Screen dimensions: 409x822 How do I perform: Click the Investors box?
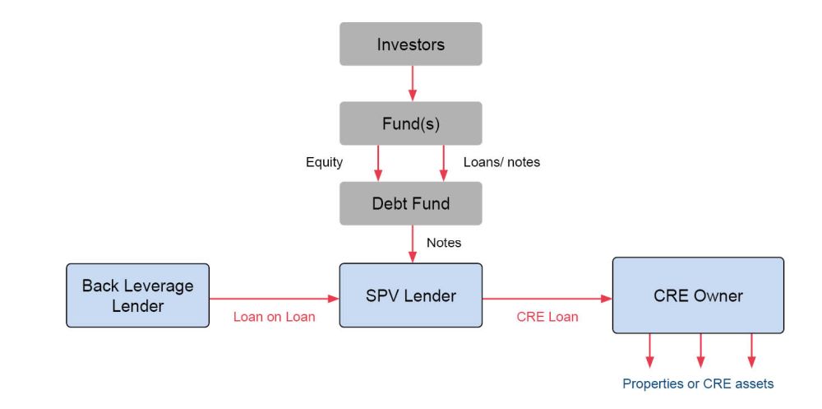(411, 44)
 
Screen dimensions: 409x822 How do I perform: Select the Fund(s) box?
(411, 124)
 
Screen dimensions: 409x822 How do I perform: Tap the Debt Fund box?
(411, 203)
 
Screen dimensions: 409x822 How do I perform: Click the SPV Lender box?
(411, 295)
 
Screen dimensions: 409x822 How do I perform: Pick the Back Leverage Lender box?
(138, 295)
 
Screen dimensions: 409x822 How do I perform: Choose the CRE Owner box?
(698, 295)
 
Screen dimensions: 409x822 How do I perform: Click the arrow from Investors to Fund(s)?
(412, 84)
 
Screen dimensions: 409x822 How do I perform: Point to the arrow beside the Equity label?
(379, 163)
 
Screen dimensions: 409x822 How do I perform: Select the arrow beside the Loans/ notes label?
(443, 163)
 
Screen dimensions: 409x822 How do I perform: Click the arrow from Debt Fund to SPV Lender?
(412, 244)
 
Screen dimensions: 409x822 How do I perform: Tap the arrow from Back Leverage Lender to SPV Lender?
(275, 300)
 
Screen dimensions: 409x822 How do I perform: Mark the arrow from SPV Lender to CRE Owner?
(547, 300)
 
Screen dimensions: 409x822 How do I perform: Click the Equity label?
(324, 163)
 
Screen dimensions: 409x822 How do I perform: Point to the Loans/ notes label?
(502, 163)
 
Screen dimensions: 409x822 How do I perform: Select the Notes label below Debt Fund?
(444, 243)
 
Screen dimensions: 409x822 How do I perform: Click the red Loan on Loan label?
(274, 317)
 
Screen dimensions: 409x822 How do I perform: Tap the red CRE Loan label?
(547, 317)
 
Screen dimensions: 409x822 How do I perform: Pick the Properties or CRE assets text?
(698, 383)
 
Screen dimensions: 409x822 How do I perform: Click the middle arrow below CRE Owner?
(700, 350)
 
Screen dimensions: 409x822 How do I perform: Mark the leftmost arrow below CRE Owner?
(650, 350)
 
